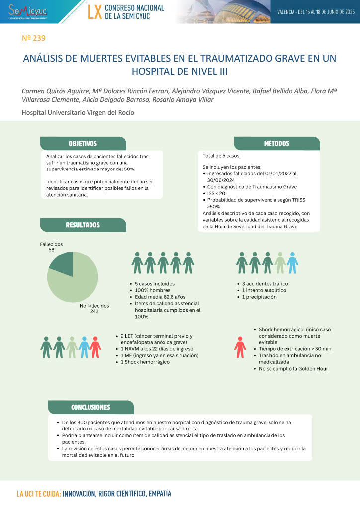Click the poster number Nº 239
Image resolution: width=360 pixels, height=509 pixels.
point(34,38)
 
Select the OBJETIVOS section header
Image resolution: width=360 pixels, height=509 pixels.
point(83,144)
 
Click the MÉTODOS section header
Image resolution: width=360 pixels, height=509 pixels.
point(276,144)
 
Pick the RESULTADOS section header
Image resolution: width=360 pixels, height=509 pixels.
point(83,225)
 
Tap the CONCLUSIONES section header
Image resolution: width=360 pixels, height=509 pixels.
point(90,407)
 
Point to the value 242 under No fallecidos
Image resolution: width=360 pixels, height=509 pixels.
point(94,312)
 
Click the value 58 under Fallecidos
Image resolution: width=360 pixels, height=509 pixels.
point(51,250)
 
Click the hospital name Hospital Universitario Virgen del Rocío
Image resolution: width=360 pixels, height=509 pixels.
point(78,113)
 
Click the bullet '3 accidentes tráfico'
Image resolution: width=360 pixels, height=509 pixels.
point(265,284)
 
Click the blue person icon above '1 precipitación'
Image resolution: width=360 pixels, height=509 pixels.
point(293,263)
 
